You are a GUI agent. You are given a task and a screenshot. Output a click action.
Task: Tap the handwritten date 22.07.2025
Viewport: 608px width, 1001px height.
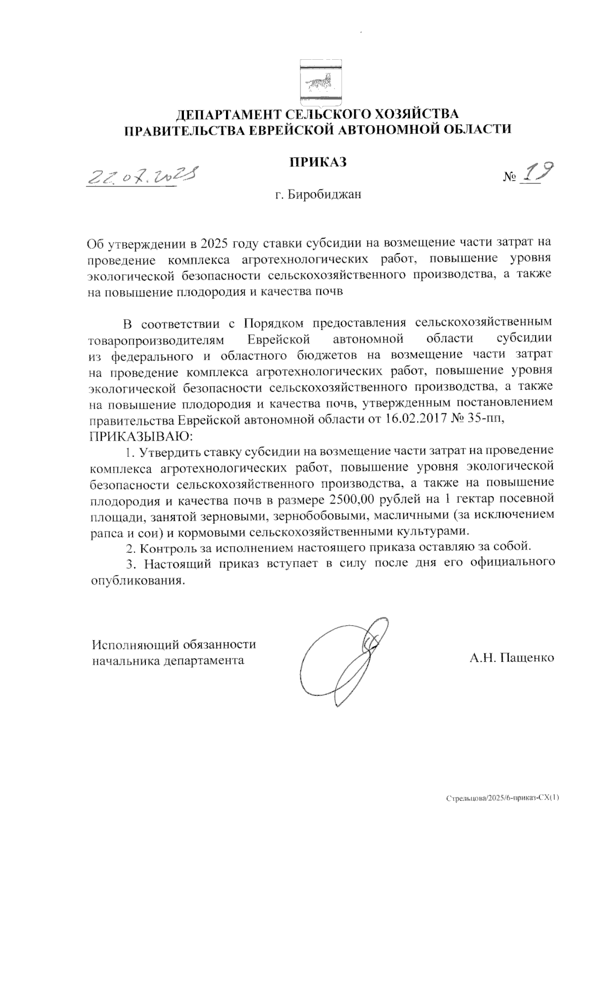tap(142, 176)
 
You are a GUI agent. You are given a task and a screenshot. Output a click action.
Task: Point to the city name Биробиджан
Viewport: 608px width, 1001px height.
tap(325, 195)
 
